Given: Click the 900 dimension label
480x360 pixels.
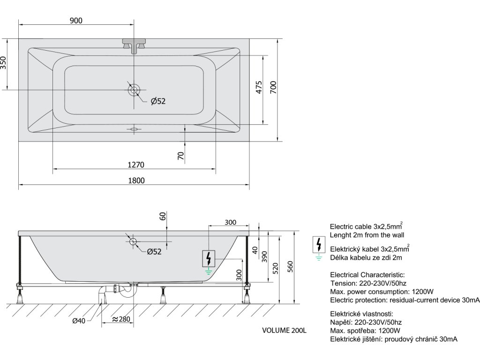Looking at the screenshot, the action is tap(76, 20).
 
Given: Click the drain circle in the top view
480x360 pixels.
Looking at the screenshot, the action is tap(134, 89).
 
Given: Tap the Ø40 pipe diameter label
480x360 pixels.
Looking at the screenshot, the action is tap(79, 321).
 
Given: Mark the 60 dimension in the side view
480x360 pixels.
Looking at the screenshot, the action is tap(163, 216).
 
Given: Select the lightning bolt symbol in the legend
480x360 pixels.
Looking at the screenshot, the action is tap(319, 244).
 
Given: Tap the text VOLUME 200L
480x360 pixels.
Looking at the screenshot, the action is tap(284, 330).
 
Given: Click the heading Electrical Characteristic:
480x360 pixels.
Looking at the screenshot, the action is tap(367, 275).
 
